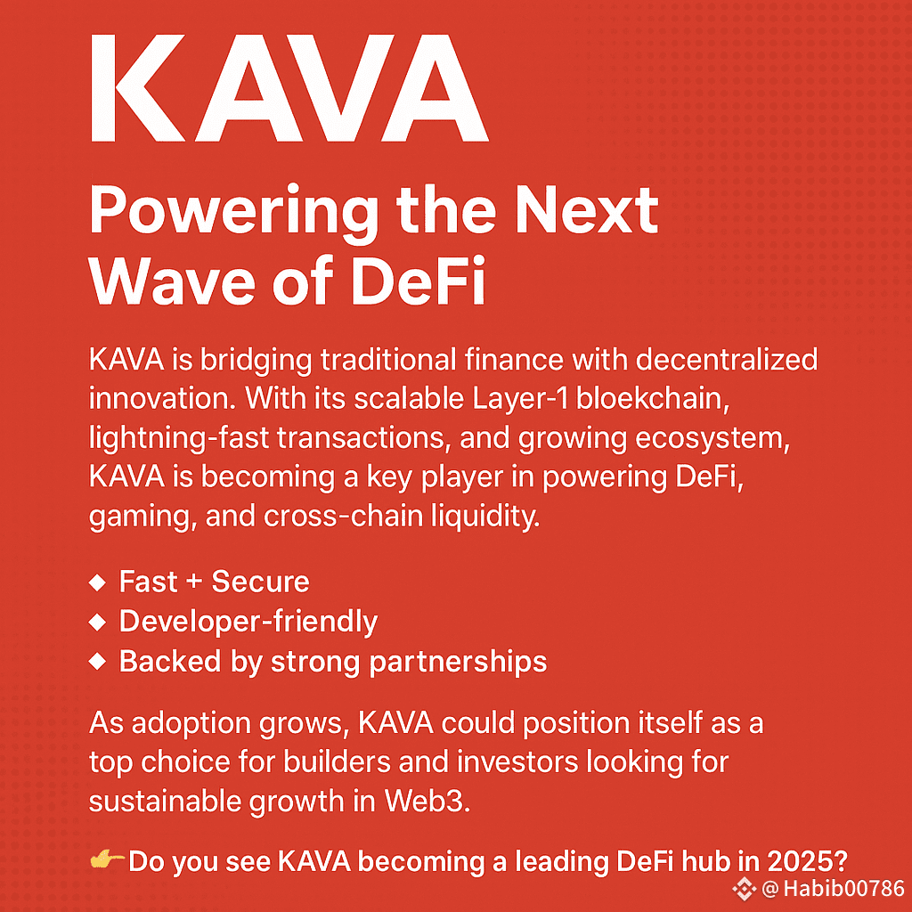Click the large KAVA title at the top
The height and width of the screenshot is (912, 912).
click(x=289, y=88)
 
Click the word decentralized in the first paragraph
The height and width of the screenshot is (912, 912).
click(x=727, y=360)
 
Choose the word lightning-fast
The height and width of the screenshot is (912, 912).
click(x=178, y=438)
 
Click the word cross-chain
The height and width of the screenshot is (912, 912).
click(x=343, y=517)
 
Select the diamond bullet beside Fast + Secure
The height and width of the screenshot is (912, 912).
click(x=97, y=582)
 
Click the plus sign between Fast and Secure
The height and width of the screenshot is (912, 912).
click(x=194, y=582)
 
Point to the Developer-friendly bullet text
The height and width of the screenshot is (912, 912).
click(x=248, y=623)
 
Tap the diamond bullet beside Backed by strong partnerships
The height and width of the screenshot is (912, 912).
click(x=97, y=662)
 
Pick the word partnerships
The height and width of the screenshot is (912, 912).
click(x=459, y=663)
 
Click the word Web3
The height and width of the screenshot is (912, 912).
click(x=427, y=802)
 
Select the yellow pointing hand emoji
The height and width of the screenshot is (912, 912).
click(x=108, y=859)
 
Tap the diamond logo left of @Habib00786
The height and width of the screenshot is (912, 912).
click(x=744, y=889)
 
